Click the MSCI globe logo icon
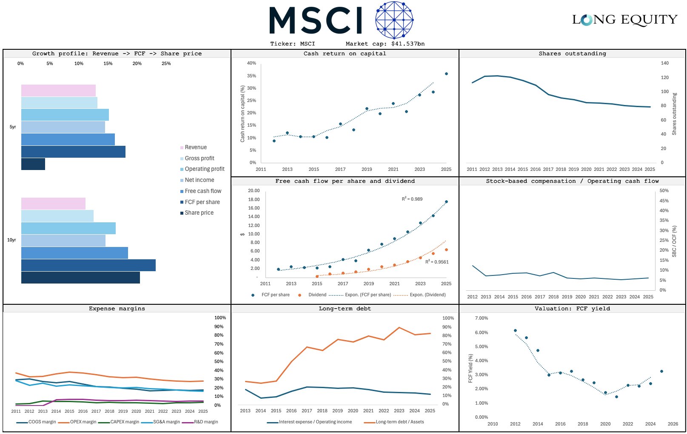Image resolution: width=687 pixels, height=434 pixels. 394,20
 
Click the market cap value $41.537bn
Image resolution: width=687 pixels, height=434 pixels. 408,44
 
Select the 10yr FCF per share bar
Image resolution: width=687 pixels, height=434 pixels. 88,265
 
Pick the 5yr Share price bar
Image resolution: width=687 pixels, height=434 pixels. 33,164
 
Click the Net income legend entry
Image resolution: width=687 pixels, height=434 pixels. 199,180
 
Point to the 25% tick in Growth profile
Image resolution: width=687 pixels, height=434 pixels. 166,64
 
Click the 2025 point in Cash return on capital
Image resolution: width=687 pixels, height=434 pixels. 446,74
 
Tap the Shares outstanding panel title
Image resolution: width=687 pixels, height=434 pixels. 572,54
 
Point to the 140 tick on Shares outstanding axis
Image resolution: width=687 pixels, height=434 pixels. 664,63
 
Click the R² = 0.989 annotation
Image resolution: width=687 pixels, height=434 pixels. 412,199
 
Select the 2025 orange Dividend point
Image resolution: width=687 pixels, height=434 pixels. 446,250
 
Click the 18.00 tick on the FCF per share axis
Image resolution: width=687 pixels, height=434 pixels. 254,199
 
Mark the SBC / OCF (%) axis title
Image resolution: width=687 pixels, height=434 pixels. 674,241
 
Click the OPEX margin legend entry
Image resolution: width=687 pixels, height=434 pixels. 83,422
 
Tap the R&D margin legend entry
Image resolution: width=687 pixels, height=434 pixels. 206,422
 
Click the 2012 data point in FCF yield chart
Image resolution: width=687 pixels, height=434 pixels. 515,330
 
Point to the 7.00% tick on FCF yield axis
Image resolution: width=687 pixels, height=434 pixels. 481,318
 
